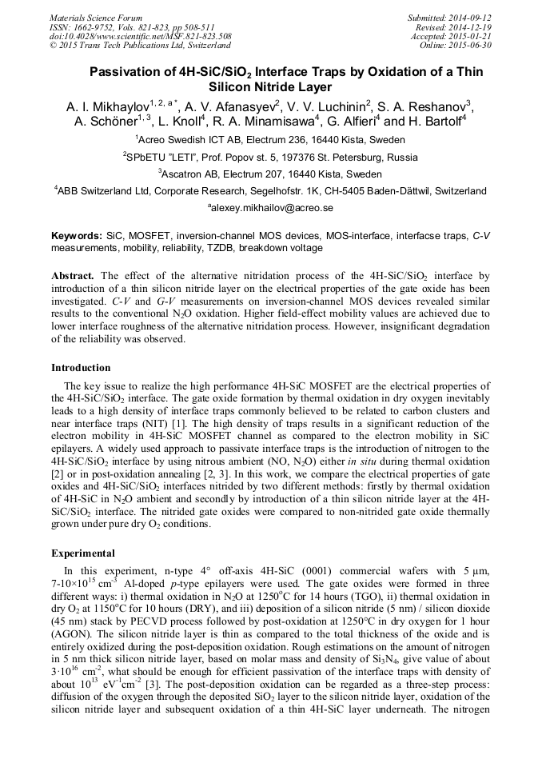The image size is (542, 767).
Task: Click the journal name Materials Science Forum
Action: pyautogui.click(x=96, y=18)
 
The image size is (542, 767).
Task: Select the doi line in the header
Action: pyautogui.click(x=141, y=36)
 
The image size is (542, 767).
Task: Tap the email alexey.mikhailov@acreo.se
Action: pyautogui.click(x=270, y=208)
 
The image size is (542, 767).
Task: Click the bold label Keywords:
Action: pyautogui.click(x=77, y=237)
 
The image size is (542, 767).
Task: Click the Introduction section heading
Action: pyautogui.click(x=81, y=368)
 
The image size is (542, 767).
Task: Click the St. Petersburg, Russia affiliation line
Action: pyautogui.click(x=270, y=157)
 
